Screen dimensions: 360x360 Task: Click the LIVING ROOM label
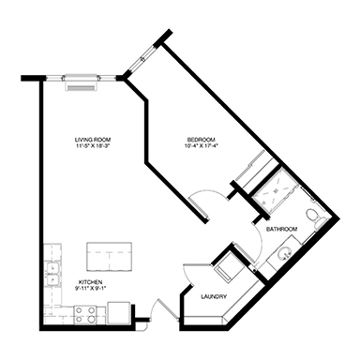pyautogui.click(x=93, y=140)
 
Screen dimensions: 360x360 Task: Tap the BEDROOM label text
pyautogui.click(x=201, y=140)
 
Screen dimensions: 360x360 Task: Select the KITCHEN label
pyautogui.click(x=90, y=282)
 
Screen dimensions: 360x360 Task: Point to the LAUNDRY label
pyautogui.click(x=214, y=296)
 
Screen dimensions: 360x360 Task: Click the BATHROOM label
pyautogui.click(x=281, y=229)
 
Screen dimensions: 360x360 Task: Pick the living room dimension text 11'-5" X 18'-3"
pyautogui.click(x=94, y=145)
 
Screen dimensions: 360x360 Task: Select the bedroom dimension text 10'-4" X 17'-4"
pyautogui.click(x=201, y=145)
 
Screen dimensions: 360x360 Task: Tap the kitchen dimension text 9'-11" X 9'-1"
pyautogui.click(x=90, y=288)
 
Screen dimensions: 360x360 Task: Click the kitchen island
pyautogui.click(x=109, y=257)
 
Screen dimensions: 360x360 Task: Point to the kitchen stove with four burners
pyautogui.click(x=85, y=315)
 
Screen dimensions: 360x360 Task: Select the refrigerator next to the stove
pyautogui.click(x=118, y=313)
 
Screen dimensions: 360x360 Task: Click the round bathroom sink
pyautogui.click(x=285, y=254)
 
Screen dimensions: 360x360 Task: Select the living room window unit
pyautogui.click(x=81, y=82)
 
